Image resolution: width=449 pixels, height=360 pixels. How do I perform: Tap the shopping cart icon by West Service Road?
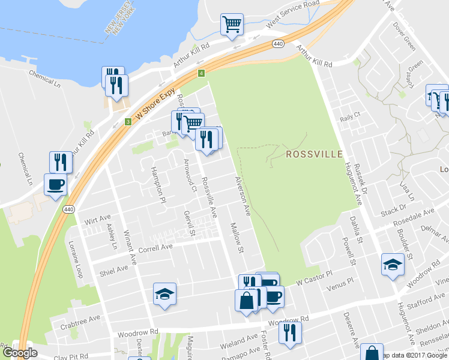click(x=232, y=25)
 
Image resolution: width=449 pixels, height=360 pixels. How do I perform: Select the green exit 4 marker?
click(x=202, y=73)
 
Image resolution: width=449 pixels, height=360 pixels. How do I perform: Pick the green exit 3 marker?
click(x=128, y=122)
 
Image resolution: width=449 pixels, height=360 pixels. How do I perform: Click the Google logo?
click(x=20, y=353)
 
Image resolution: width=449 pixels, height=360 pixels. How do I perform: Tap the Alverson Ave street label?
click(x=243, y=196)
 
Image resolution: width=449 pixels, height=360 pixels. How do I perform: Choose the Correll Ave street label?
click(x=155, y=247)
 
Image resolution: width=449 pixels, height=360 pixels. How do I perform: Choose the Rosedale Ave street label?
click(x=413, y=217)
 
